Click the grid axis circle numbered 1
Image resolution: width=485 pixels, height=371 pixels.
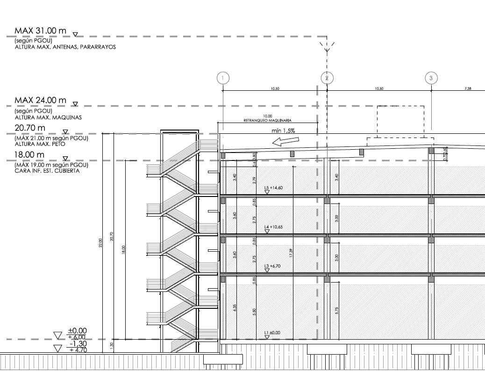tap(223, 78)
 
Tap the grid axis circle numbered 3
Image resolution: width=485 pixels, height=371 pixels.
tap(431, 78)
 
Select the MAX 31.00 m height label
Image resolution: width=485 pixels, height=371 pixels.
tap(40, 31)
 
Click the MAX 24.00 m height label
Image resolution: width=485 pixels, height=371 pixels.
tap(40, 101)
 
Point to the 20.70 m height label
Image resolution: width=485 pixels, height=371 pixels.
tap(30, 128)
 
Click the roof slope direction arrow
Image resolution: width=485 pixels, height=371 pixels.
tap(285, 141)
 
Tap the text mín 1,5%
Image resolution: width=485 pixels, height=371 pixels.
tap(283, 131)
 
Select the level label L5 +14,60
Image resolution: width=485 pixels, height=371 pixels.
tap(273, 188)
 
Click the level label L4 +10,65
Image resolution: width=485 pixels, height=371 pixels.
tap(273, 227)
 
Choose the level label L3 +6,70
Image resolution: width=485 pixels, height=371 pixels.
tap(272, 266)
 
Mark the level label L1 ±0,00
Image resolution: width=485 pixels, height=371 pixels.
tap(272, 333)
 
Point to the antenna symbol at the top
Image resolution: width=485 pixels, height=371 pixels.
tap(327, 46)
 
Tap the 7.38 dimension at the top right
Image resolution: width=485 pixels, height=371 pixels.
tap(468, 88)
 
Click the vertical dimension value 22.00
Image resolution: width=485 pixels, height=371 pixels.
tap(100, 243)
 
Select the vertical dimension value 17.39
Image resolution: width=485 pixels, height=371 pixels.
tap(291, 253)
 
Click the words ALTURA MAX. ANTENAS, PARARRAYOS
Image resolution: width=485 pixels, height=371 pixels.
tap(65, 47)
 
